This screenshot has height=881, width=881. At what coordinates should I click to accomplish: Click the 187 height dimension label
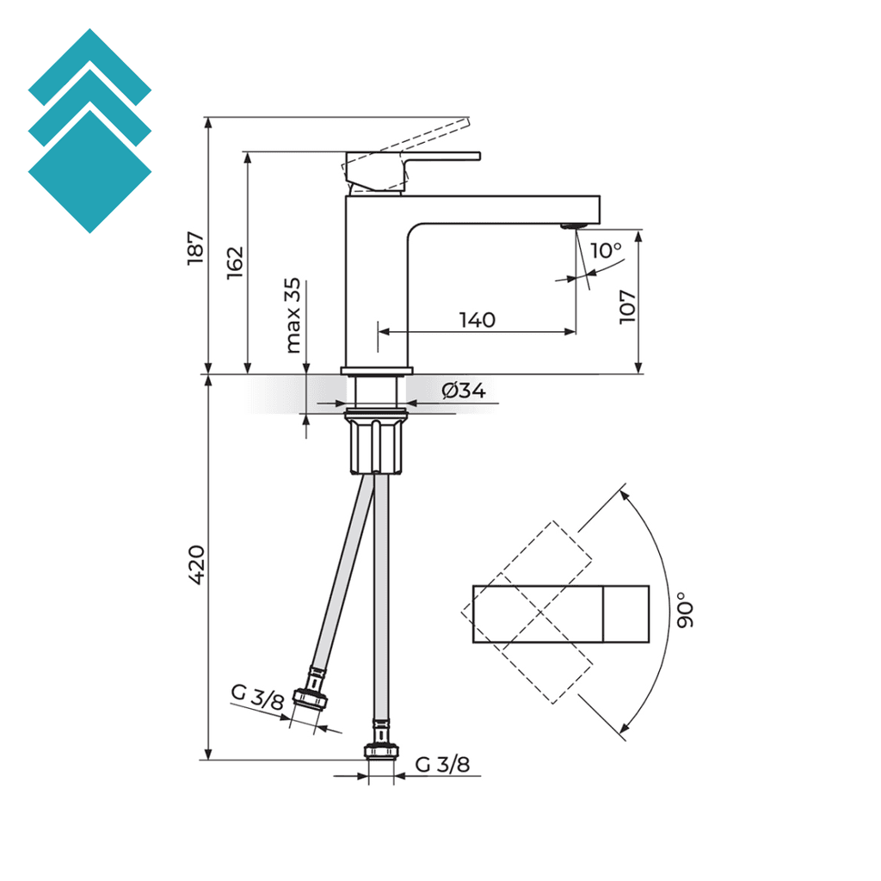click(x=196, y=248)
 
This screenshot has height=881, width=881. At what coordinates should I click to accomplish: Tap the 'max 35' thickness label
click(x=293, y=316)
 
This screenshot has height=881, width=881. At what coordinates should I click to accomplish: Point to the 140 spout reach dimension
click(x=477, y=320)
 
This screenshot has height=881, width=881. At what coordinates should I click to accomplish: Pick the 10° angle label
click(x=607, y=250)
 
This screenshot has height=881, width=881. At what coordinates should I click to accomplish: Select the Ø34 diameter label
click(x=464, y=391)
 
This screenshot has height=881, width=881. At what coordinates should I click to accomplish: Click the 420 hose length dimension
click(x=196, y=565)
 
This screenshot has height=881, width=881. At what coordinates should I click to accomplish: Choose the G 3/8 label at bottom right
click(x=442, y=765)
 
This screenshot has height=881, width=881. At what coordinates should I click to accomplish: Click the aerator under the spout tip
click(x=571, y=226)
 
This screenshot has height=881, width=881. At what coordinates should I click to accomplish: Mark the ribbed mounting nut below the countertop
click(x=375, y=443)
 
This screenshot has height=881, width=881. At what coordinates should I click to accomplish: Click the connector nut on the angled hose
click(x=310, y=699)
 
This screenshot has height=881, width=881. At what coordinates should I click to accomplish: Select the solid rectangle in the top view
click(x=560, y=613)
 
